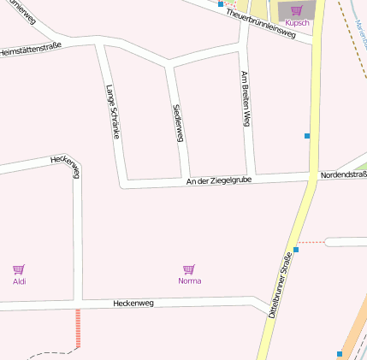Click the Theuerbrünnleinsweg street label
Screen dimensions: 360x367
pos(261,26)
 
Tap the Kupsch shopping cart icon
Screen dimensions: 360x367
pos(296,10)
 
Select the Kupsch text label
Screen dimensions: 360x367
pos(296,22)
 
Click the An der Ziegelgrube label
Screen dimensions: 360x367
pos(218,180)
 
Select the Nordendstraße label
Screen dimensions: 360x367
pos(343,175)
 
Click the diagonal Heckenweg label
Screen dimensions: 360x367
pos(65,166)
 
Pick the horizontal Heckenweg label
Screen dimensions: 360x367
pos(133,304)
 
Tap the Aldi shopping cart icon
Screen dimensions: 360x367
pos(19,269)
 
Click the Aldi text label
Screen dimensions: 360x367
pos(19,280)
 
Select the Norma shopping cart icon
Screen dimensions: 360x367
pos(189,269)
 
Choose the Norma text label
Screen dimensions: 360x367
pos(189,280)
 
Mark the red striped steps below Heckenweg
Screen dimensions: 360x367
pos(78,329)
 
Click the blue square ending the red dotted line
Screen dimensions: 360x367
pos(296,250)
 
